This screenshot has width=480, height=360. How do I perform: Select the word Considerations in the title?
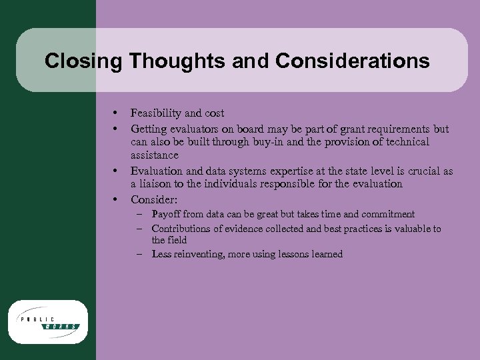351,61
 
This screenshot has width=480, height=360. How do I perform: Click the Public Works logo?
48,322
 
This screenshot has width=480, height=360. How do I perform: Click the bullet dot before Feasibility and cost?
116,113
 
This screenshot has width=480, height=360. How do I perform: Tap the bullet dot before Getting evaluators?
116,128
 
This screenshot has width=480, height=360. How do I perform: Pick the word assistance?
155,155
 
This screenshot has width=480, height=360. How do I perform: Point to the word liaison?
158,184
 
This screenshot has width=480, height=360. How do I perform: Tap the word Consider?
154,199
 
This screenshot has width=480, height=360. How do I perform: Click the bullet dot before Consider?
116,199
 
